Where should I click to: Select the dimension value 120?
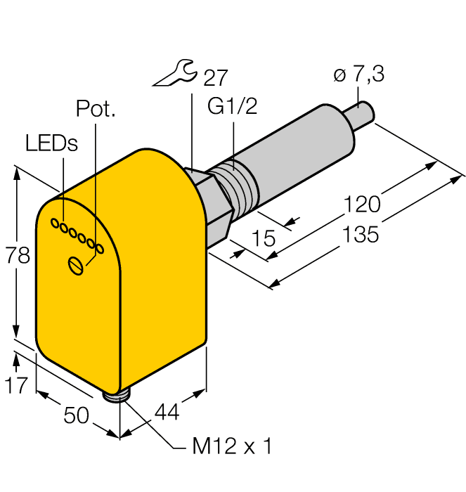click(x=362, y=205)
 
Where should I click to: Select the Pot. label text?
click(x=95, y=110)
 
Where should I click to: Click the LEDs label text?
click(x=51, y=143)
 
